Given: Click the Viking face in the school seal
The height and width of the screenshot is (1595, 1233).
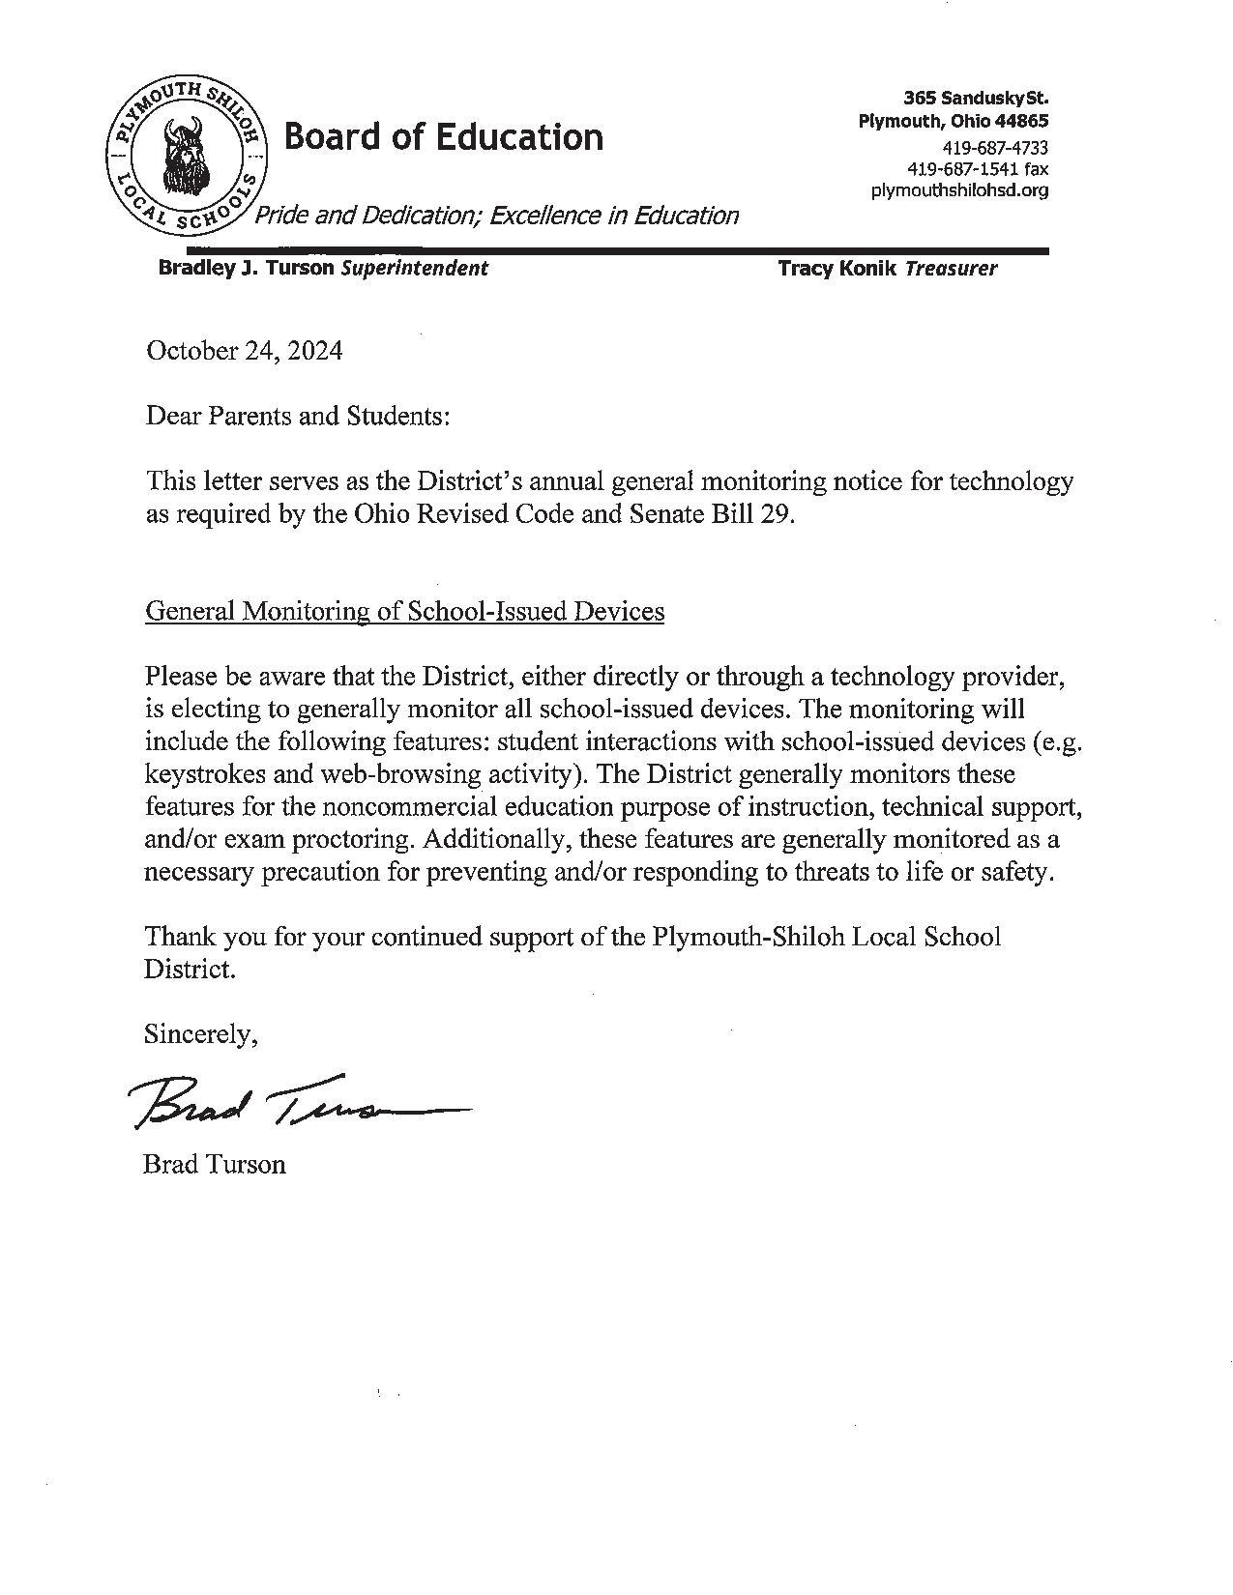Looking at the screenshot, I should point(183,155).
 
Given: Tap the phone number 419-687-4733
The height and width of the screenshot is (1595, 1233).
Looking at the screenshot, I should point(995,148).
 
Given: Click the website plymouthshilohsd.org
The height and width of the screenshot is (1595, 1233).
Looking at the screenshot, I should point(959,190).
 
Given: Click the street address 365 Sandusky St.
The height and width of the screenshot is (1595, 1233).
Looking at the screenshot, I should point(976,99).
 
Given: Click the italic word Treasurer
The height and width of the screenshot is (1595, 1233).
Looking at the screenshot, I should point(951,269).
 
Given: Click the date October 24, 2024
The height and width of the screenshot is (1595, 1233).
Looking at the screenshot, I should point(244,351).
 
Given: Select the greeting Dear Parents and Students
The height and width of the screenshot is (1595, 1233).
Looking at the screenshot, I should point(298,416).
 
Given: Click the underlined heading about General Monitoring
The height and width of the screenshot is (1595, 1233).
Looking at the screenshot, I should point(404,611).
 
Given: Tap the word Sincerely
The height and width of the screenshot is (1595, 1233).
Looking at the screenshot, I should point(200,1034).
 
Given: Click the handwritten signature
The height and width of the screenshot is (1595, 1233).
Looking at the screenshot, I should point(290,1103).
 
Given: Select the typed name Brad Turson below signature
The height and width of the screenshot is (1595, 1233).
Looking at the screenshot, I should point(215,1164).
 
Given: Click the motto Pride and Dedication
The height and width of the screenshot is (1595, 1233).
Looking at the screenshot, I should point(496,216).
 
